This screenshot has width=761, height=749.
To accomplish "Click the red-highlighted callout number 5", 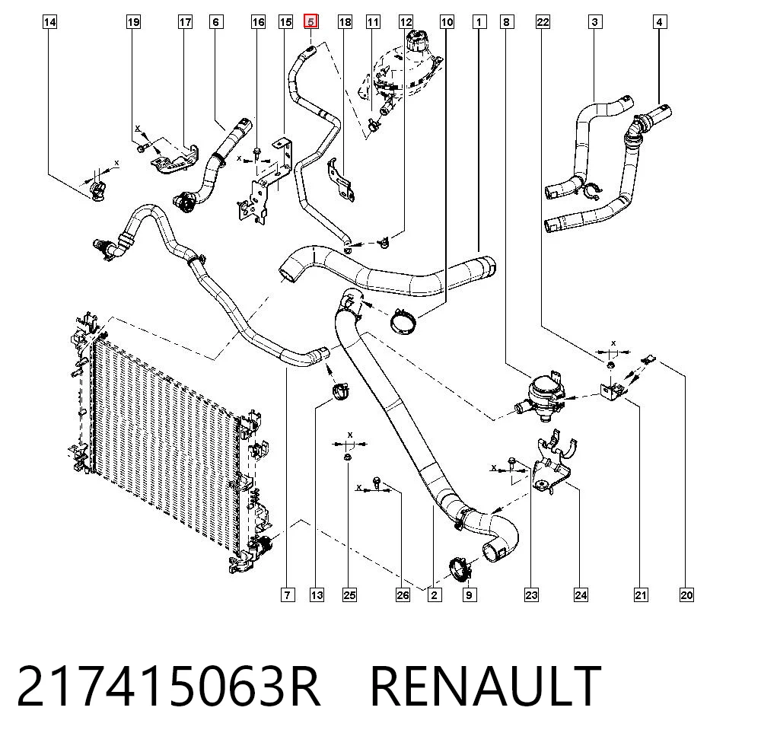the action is point(310,21).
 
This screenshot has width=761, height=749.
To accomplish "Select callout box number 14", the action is point(49,22).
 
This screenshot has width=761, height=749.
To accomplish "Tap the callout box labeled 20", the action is point(686,594).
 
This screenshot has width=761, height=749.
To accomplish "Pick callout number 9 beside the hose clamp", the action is point(469,594).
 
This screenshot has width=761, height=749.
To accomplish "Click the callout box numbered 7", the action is point(288,594).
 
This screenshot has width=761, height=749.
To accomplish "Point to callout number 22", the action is point(543,22).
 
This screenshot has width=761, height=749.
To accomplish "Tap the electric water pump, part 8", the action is point(539,394).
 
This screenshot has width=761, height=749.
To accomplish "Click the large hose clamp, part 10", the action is point(403,321).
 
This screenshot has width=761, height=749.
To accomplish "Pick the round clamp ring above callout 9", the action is point(459,569).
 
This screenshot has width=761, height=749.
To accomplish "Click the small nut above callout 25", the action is point(348,457).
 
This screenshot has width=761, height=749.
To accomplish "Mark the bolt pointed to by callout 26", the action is point(377,482).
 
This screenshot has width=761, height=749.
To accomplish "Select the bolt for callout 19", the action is point(142,146).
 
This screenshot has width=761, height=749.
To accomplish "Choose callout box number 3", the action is point(595,22).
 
